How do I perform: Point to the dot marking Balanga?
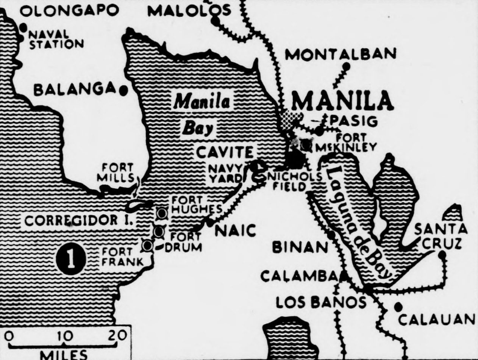pyautogui.click(x=123, y=90)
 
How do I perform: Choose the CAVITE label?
pyautogui.click(x=225, y=152)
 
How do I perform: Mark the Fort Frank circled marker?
pyautogui.click(x=147, y=246)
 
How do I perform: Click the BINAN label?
pyautogui.click(x=300, y=247)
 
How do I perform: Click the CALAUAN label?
pyautogui.click(x=436, y=319)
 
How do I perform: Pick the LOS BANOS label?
pyautogui.click(x=321, y=302)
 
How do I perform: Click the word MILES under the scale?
pyautogui.click(x=64, y=355)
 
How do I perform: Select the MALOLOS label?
pyautogui.click(x=189, y=11)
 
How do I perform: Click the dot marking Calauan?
pyautogui.click(x=397, y=306)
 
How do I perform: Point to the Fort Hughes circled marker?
pyautogui.click(x=162, y=213)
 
